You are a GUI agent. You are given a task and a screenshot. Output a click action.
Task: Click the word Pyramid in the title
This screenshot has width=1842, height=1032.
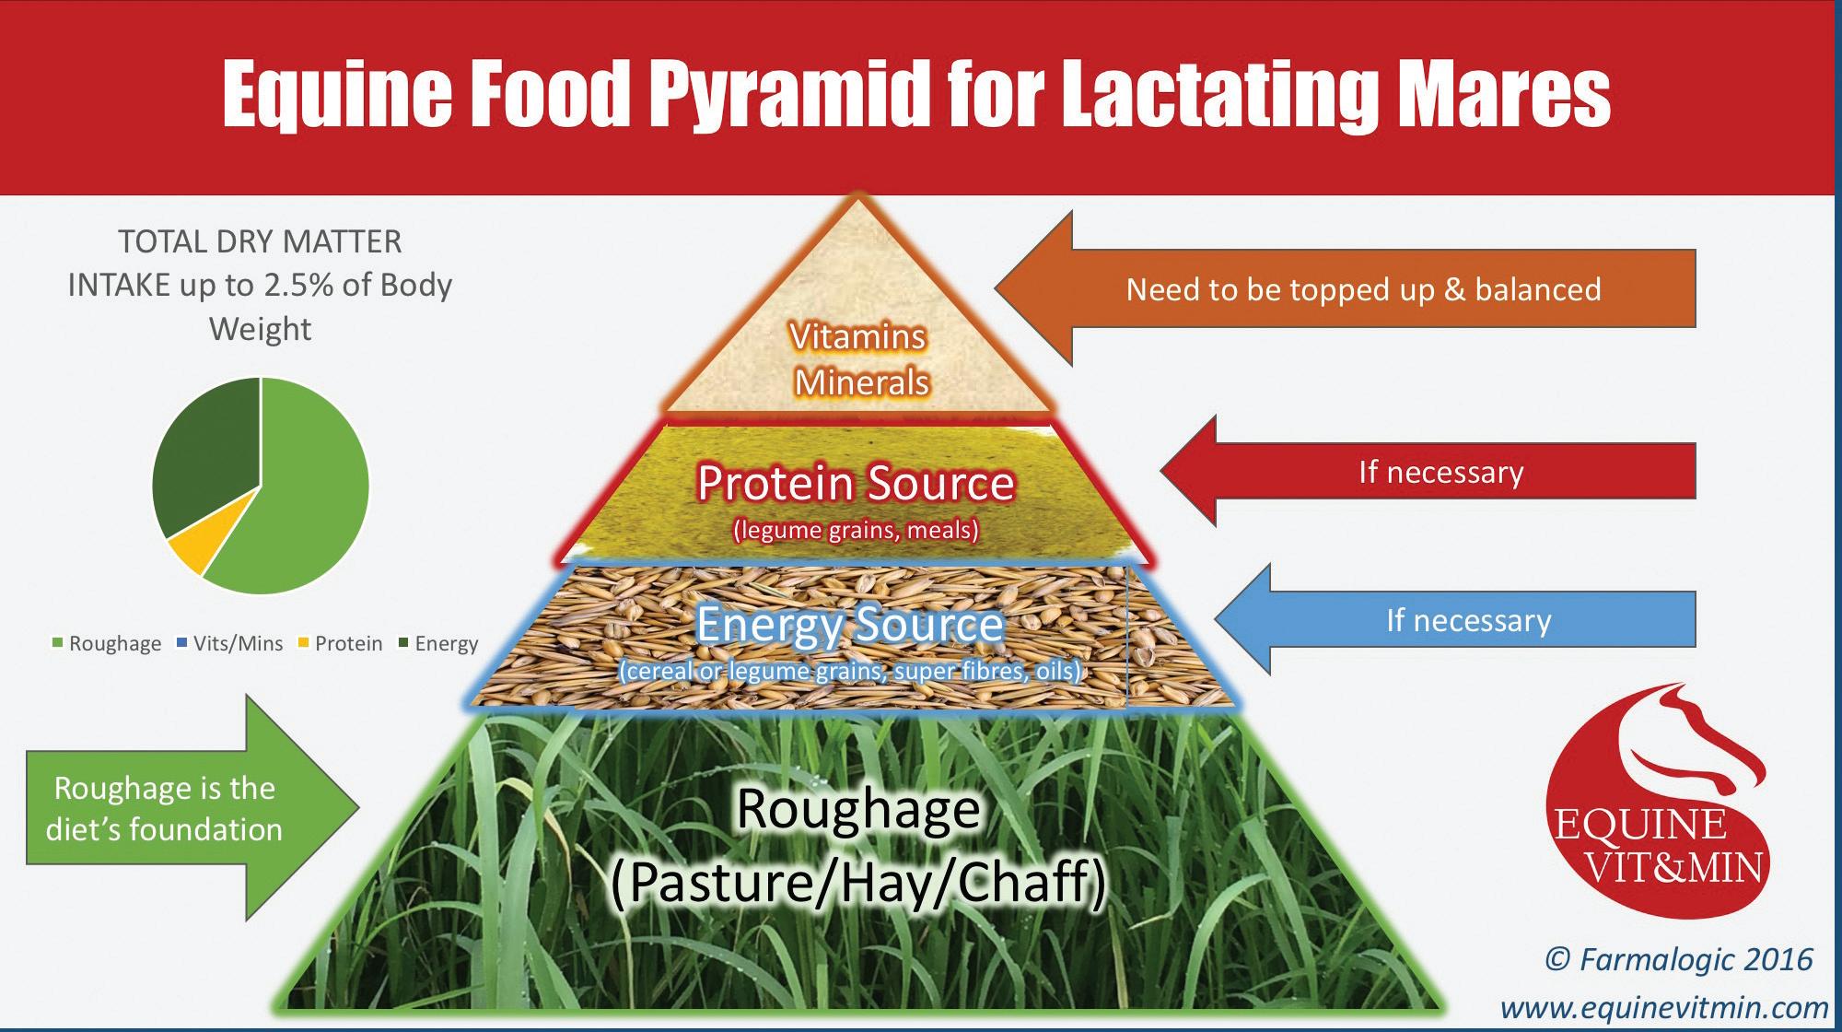[787, 95]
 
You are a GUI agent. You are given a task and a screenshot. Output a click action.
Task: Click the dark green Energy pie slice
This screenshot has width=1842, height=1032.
[204, 451]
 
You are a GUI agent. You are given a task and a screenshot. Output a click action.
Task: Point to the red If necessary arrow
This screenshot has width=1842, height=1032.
[1437, 472]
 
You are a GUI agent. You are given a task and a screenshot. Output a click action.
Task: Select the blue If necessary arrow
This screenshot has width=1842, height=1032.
[1464, 620]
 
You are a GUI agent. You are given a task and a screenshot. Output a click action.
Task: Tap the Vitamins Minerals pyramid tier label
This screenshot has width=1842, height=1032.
[859, 359]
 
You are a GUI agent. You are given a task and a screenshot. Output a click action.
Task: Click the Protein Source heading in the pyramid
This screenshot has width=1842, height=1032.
[856, 484]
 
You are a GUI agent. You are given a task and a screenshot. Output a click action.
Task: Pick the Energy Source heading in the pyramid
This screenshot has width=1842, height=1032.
[848, 625]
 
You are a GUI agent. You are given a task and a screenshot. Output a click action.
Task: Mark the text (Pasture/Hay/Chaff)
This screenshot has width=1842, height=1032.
[858, 882]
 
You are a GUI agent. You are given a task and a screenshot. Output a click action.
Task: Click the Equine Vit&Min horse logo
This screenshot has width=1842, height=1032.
[1658, 802]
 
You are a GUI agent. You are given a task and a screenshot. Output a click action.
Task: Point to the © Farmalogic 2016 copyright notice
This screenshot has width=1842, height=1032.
[1678, 960]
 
